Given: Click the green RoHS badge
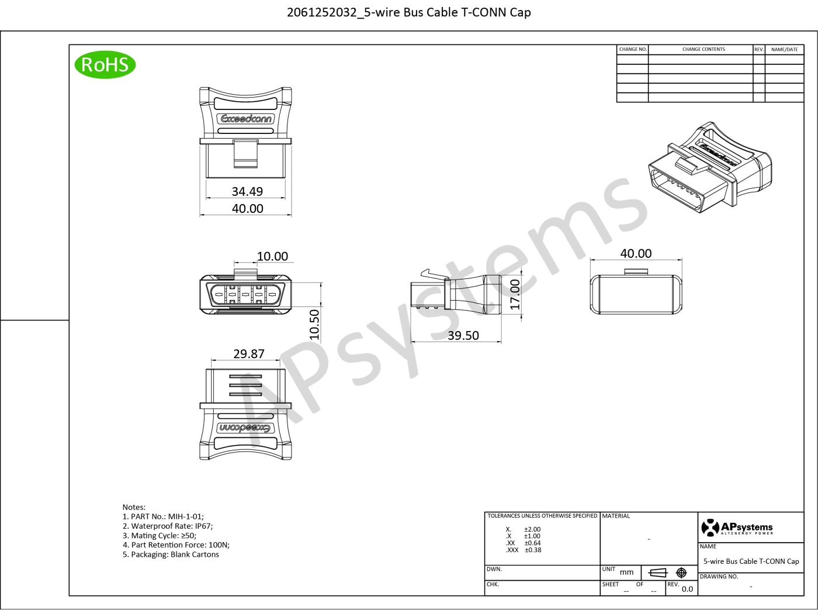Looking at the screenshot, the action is [x=105, y=64].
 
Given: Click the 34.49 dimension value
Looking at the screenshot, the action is [x=247, y=191].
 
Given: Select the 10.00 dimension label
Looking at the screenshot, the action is [x=272, y=256].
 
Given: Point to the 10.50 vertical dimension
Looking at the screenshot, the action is [x=314, y=325].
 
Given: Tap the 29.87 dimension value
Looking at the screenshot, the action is [x=249, y=354].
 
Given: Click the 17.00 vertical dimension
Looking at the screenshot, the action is [x=515, y=294].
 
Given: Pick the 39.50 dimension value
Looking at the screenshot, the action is [x=463, y=335].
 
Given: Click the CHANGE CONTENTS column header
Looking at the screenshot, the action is [x=703, y=49].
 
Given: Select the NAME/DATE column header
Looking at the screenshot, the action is [x=785, y=50].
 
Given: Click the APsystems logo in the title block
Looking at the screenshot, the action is [x=737, y=528].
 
